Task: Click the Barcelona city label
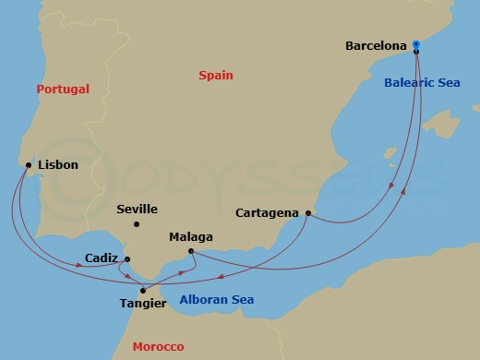pyautogui.click(x=376, y=44)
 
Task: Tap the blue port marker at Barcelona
pyautogui.click(x=416, y=44)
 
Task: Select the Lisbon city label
pyautogui.click(x=58, y=165)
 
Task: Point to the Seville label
pyautogui.click(x=137, y=210)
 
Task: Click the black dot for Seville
pyautogui.click(x=137, y=224)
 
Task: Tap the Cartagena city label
pyautogui.click(x=267, y=213)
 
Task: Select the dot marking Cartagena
pyautogui.click(x=307, y=214)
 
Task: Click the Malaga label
pyautogui.click(x=191, y=237)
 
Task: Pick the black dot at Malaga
pyautogui.click(x=189, y=251)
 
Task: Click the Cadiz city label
pyautogui.click(x=100, y=258)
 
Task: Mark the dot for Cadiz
pyautogui.click(x=126, y=259)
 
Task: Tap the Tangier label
pyautogui.click(x=143, y=303)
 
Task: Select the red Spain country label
pyautogui.click(x=216, y=76)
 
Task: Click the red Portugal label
pyautogui.click(x=63, y=90)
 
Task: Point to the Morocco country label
pyautogui.click(x=158, y=346)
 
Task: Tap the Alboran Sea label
pyautogui.click(x=216, y=300)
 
